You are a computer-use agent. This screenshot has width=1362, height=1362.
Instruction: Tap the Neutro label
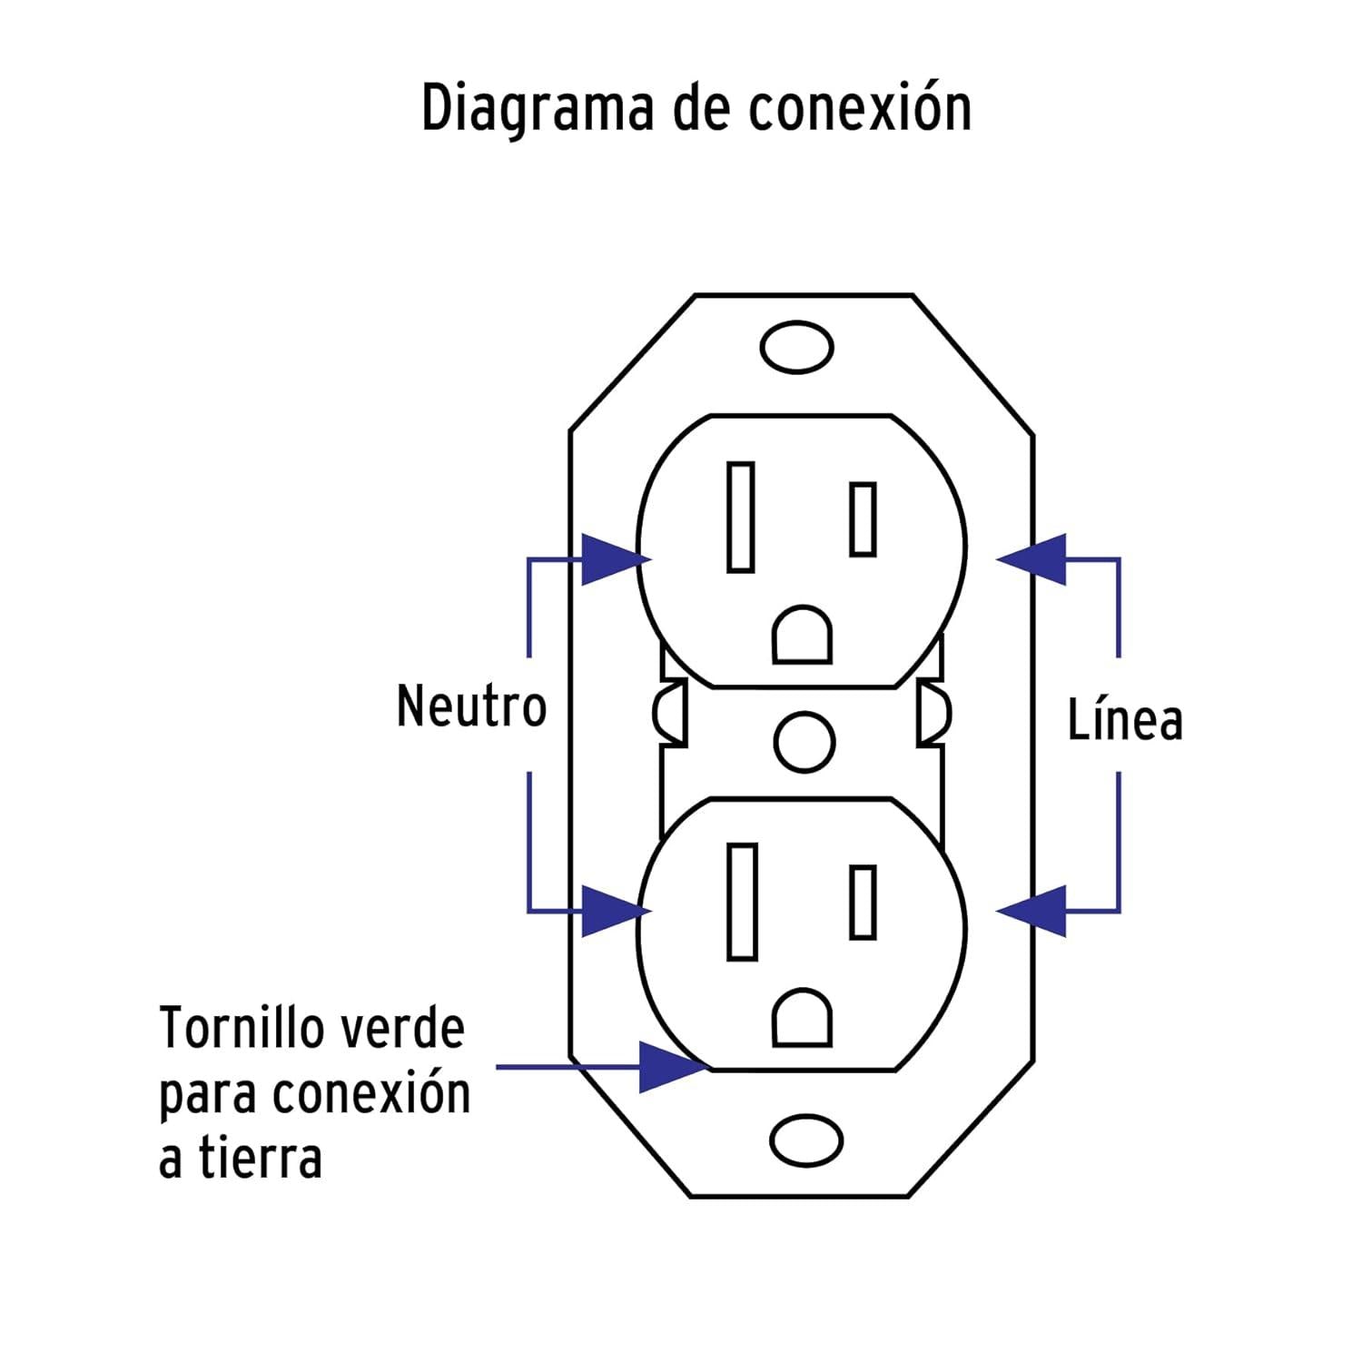[x=472, y=706]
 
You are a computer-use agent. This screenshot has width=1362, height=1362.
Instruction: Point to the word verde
[x=400, y=1028]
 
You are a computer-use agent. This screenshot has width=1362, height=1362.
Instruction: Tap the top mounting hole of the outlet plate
[x=797, y=347]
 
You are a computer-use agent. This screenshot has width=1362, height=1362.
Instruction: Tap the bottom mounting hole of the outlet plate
[x=806, y=1140]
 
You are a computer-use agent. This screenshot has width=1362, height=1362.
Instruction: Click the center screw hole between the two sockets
[x=804, y=742]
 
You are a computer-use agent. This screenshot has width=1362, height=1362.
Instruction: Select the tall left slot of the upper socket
[x=741, y=518]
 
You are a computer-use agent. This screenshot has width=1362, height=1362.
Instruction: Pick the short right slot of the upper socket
[x=864, y=519]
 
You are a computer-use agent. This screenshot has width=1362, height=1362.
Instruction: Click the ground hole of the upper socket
[x=802, y=635]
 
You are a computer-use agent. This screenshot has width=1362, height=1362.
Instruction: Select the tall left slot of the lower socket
[x=742, y=902]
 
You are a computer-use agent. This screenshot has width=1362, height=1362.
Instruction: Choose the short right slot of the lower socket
[x=864, y=903]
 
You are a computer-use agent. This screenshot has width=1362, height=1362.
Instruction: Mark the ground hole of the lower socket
[x=802, y=1017]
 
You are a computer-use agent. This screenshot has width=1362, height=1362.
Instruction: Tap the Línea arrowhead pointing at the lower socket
[x=1031, y=911]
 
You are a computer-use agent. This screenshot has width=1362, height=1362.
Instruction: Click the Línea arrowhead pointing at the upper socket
[x=1031, y=559]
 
